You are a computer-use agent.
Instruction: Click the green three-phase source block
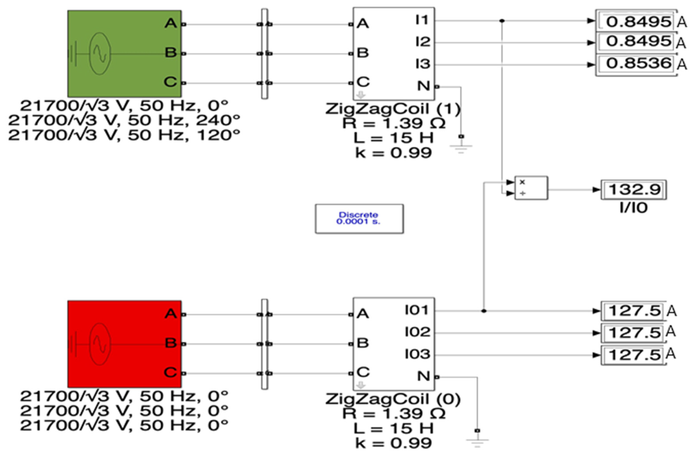pyautogui.click(x=124, y=54)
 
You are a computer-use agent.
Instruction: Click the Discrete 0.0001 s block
pyautogui.click(x=359, y=219)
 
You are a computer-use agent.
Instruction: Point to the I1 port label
pyautogui.click(x=422, y=20)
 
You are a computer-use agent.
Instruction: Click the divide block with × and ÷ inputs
pyautogui.click(x=531, y=188)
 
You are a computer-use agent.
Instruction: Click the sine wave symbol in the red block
pyautogui.click(x=100, y=344)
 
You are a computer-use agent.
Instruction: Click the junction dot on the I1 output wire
pyautogui.click(x=502, y=21)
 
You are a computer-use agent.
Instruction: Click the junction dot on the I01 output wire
pyautogui.click(x=484, y=311)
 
